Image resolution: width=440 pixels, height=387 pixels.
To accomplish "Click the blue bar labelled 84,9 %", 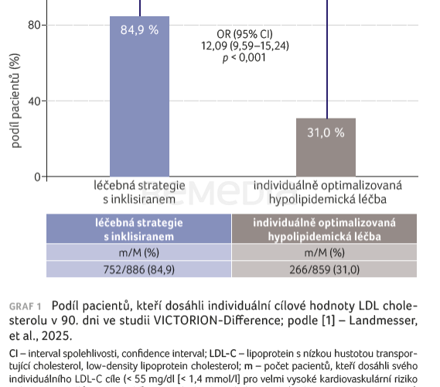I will [x=139, y=101].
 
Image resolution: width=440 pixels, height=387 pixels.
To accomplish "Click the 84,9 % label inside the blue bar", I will [x=139, y=29].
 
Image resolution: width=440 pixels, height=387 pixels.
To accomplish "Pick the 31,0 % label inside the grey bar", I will [x=326, y=132].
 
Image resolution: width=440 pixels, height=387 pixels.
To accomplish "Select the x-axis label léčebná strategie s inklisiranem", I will [x=139, y=193].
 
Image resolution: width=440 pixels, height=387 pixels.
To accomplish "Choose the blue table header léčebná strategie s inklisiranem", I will [x=139, y=229].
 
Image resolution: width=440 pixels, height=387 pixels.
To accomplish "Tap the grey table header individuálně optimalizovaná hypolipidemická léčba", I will [x=325, y=229].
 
